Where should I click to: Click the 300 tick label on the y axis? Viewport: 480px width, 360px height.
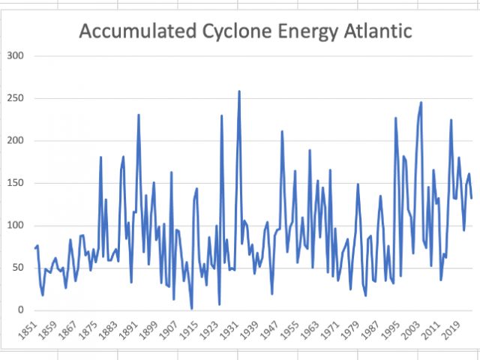pos(14,56)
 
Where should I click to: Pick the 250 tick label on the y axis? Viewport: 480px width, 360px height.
pos(14,98)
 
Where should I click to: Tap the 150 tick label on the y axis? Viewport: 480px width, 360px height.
pos(14,183)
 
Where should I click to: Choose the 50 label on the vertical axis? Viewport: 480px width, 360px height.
pos(17,268)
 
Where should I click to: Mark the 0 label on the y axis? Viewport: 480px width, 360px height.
pos(20,310)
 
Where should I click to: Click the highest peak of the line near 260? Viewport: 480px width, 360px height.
pos(239,91)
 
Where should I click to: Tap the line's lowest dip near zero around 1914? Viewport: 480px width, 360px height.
pos(192,308)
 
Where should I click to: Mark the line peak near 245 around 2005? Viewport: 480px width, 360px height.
pos(421,103)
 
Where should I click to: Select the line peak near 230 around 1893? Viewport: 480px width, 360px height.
pos(139,115)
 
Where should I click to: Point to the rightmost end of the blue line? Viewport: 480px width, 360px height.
pos(472,198)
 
